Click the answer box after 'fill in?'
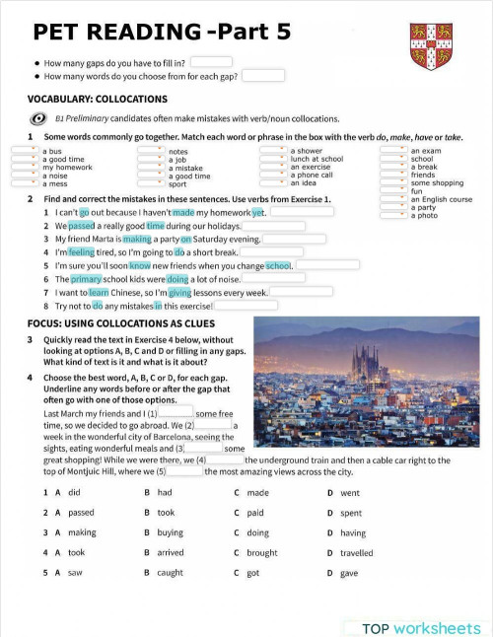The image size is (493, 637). point(211,62)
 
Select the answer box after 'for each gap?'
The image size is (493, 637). point(263,75)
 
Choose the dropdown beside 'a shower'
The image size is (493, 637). point(273,151)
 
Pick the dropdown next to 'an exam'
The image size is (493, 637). point(393,151)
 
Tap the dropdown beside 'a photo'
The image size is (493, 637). point(393,215)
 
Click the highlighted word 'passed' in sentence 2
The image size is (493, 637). point(81,226)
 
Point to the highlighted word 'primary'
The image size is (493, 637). point(86,279)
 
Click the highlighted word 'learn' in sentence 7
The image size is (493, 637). point(99,293)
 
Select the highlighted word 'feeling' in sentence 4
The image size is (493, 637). point(82,252)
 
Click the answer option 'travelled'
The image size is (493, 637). point(357,553)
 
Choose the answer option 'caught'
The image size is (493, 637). point(171,573)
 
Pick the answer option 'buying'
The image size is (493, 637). point(171,533)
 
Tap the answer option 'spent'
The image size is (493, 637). point(351,514)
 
